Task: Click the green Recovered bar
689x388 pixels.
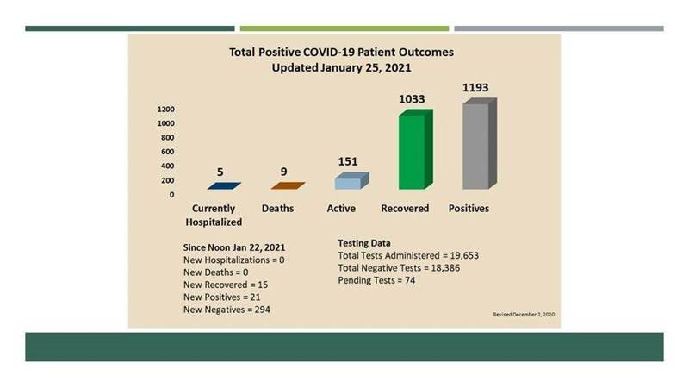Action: click(x=416, y=149)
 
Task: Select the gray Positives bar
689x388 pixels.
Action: click(x=480, y=144)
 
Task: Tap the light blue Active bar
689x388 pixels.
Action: click(x=352, y=181)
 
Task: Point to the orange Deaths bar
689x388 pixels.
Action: click(x=288, y=185)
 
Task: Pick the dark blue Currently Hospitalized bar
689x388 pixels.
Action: click(x=224, y=185)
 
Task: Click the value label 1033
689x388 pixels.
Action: click(x=412, y=99)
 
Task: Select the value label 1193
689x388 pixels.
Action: click(x=475, y=88)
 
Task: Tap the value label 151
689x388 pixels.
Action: click(x=348, y=161)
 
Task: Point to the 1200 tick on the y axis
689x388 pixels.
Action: click(x=166, y=110)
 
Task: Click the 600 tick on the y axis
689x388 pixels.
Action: click(x=167, y=152)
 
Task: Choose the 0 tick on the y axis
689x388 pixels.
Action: click(x=171, y=195)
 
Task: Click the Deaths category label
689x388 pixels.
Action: click(x=277, y=208)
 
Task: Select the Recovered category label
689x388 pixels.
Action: click(x=405, y=208)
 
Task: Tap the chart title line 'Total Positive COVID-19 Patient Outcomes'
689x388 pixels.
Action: click(x=341, y=52)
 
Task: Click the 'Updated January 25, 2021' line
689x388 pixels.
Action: click(x=341, y=68)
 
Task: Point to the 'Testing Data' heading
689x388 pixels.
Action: click(x=364, y=243)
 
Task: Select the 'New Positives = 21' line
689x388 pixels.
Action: click(x=222, y=297)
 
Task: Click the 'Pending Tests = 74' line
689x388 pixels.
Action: click(x=376, y=280)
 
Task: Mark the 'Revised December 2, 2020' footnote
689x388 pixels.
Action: click(x=524, y=315)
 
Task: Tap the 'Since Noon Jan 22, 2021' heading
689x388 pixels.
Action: click(x=234, y=247)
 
